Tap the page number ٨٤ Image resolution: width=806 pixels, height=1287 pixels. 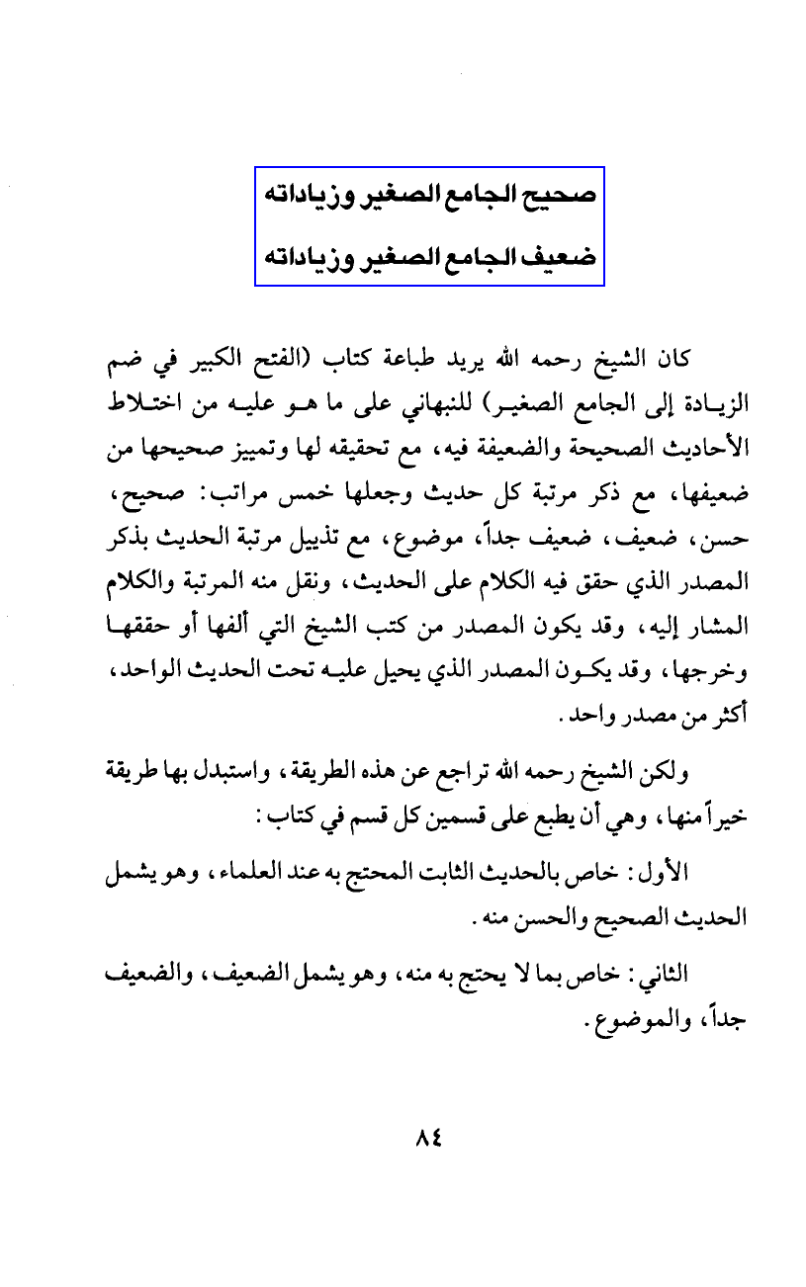pos(427,1138)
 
